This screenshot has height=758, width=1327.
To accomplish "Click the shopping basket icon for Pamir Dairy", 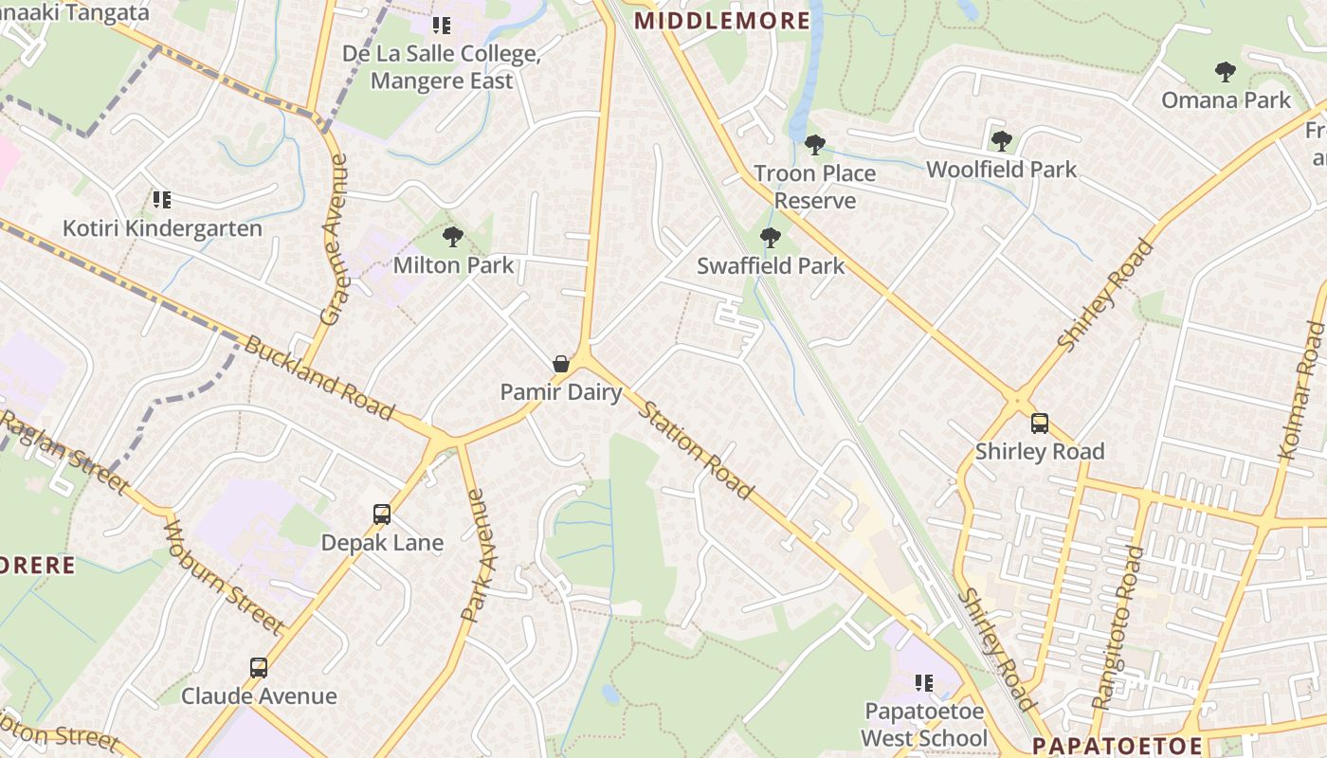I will click(x=561, y=364).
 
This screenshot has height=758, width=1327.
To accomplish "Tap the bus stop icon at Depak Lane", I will click(x=382, y=514).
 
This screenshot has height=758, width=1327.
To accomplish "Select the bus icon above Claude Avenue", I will click(x=259, y=668).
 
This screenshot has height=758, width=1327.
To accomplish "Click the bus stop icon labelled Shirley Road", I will click(x=1040, y=424).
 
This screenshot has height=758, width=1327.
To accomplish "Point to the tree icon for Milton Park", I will click(x=453, y=237).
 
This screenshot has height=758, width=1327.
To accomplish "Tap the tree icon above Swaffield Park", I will click(x=771, y=238).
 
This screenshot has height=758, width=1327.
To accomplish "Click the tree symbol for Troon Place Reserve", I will click(x=814, y=145).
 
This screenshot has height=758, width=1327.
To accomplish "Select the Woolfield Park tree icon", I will click(x=1001, y=141).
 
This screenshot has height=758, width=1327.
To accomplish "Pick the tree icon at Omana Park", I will click(x=1226, y=72).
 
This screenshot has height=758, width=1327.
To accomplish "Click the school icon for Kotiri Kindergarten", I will click(x=162, y=200).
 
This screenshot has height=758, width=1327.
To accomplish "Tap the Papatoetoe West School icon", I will click(x=924, y=683).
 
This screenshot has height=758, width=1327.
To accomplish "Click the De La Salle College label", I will click(x=442, y=67).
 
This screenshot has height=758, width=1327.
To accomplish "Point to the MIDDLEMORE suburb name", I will click(x=722, y=21).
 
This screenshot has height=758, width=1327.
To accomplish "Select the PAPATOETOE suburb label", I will click(x=1117, y=745).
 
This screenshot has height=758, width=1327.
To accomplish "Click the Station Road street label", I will click(x=697, y=450).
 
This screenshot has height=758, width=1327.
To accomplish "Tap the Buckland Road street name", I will click(x=318, y=377).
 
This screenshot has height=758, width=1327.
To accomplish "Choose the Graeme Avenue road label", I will click(x=335, y=241).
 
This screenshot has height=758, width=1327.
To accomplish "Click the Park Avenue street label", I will click(x=479, y=555).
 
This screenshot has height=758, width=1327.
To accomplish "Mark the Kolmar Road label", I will click(x=1300, y=390).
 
